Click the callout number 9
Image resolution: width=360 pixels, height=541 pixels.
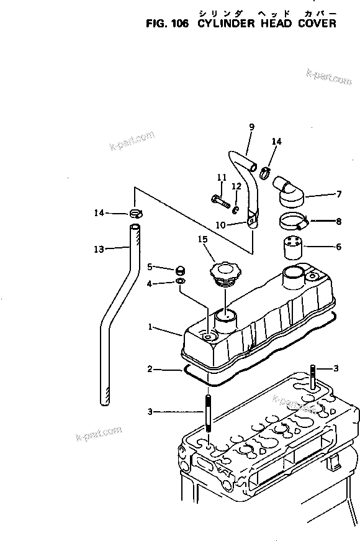point(251,127)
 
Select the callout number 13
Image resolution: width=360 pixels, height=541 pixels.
point(99,249)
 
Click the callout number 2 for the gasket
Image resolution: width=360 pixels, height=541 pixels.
point(150,370)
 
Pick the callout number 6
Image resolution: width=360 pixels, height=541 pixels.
point(338,247)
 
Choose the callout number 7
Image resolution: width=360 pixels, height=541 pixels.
point(338,194)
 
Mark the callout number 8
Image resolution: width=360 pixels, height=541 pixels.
point(338,220)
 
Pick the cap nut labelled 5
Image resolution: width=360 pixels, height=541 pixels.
point(180,269)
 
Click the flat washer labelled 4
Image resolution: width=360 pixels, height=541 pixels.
point(180,282)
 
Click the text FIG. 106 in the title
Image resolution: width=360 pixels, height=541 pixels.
point(168,24)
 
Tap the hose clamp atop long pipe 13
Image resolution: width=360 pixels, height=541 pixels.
point(137,214)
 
